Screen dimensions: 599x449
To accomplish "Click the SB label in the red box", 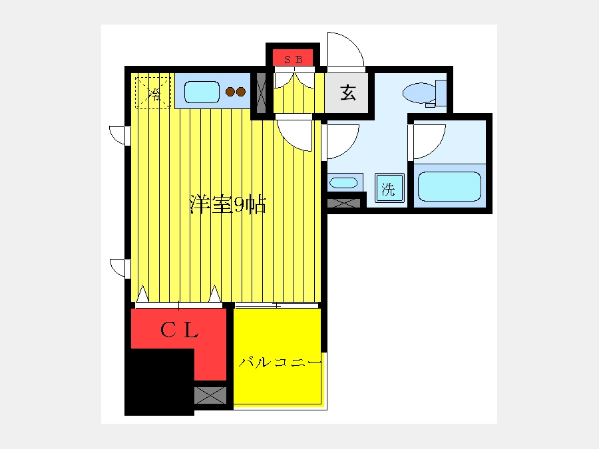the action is pyautogui.click(x=294, y=60).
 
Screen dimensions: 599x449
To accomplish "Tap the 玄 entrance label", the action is pyautogui.click(x=348, y=92).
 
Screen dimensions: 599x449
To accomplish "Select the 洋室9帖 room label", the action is pyautogui.click(x=228, y=205).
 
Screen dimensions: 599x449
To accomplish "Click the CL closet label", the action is pyautogui.click(x=179, y=330).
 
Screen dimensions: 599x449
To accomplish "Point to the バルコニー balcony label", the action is pyautogui.click(x=280, y=362).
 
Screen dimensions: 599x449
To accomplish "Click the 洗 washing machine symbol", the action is pyautogui.click(x=389, y=188).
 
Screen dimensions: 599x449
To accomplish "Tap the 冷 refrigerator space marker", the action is pyautogui.click(x=154, y=93).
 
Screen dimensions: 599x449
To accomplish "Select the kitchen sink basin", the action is pyautogui.click(x=202, y=92).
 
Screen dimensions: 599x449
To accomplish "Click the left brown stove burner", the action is pyautogui.click(x=230, y=92).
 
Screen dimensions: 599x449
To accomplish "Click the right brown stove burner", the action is pyautogui.click(x=241, y=92).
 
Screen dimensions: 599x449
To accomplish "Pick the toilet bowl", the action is pyautogui.click(x=419, y=92).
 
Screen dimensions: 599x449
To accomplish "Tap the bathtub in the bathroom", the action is pyautogui.click(x=449, y=186).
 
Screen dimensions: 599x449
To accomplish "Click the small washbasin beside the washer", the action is pyautogui.click(x=343, y=183).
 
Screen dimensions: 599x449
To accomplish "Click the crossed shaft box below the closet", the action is pyautogui.click(x=210, y=395).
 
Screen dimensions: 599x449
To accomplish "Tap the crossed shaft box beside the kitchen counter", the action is pyautogui.click(x=262, y=92).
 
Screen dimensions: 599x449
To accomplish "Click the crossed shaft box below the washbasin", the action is pyautogui.click(x=344, y=203).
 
